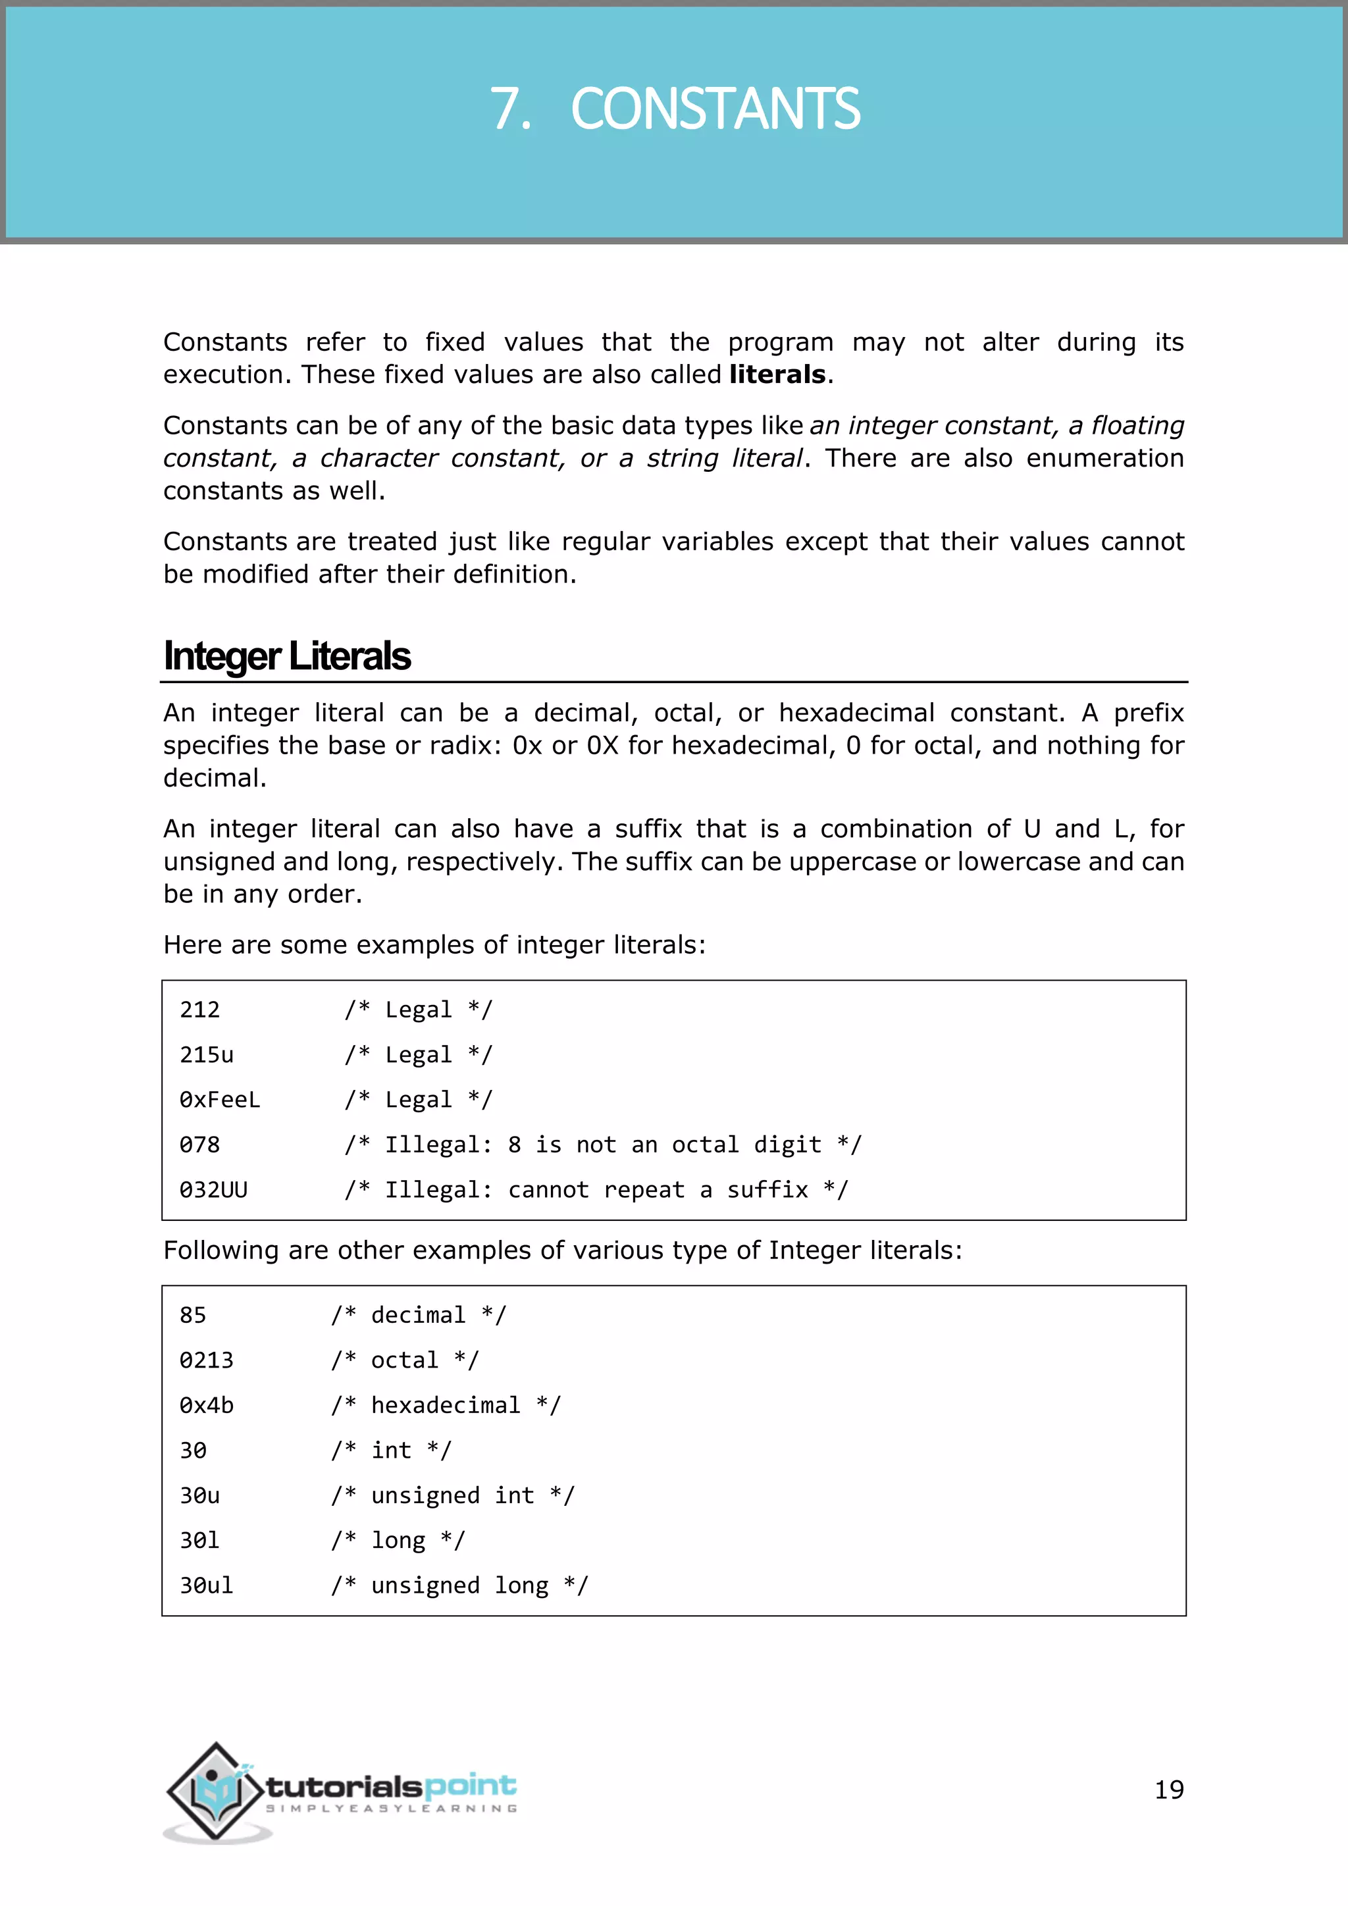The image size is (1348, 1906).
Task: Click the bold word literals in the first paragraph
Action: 777,374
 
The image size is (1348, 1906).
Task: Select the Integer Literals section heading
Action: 286,656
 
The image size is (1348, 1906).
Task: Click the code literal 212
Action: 199,1010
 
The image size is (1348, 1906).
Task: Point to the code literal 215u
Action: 206,1054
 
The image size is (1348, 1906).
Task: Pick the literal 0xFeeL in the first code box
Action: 219,1100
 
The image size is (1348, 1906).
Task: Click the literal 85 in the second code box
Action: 193,1315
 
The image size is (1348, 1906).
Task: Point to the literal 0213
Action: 206,1360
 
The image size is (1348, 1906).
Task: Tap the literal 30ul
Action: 206,1585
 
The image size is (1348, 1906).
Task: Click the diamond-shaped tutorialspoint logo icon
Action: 216,1791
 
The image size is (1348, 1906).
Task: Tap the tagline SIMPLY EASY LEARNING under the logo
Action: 391,1808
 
